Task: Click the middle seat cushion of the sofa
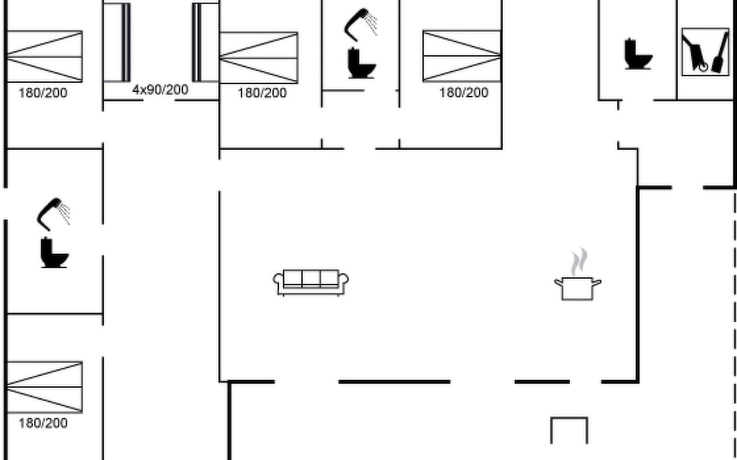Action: click(311, 279)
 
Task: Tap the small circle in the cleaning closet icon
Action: click(703, 67)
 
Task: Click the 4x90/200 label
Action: click(160, 90)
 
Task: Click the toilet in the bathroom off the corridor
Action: click(54, 253)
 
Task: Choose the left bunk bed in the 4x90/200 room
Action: click(117, 42)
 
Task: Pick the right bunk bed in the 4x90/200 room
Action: click(205, 42)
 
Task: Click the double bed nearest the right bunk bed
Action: click(259, 58)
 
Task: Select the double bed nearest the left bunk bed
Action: click(45, 56)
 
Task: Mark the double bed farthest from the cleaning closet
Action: click(45, 387)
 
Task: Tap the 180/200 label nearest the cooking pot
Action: click(464, 93)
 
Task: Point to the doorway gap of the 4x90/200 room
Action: click(159, 100)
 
